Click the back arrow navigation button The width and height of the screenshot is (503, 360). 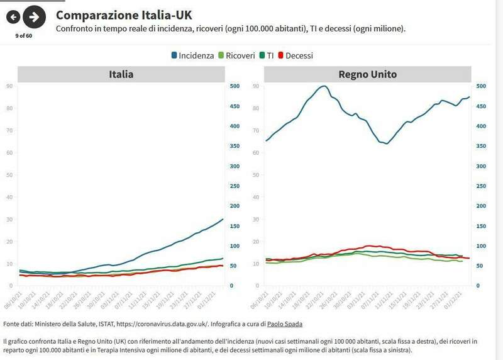point(13,18)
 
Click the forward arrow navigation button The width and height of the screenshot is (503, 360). point(35,18)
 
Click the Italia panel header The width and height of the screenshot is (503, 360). point(121,74)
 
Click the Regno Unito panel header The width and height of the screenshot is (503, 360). point(367,74)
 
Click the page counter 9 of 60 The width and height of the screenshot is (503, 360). point(24,36)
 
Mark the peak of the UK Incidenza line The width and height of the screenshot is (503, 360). point(324,86)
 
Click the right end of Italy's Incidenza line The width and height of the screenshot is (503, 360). point(223,219)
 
